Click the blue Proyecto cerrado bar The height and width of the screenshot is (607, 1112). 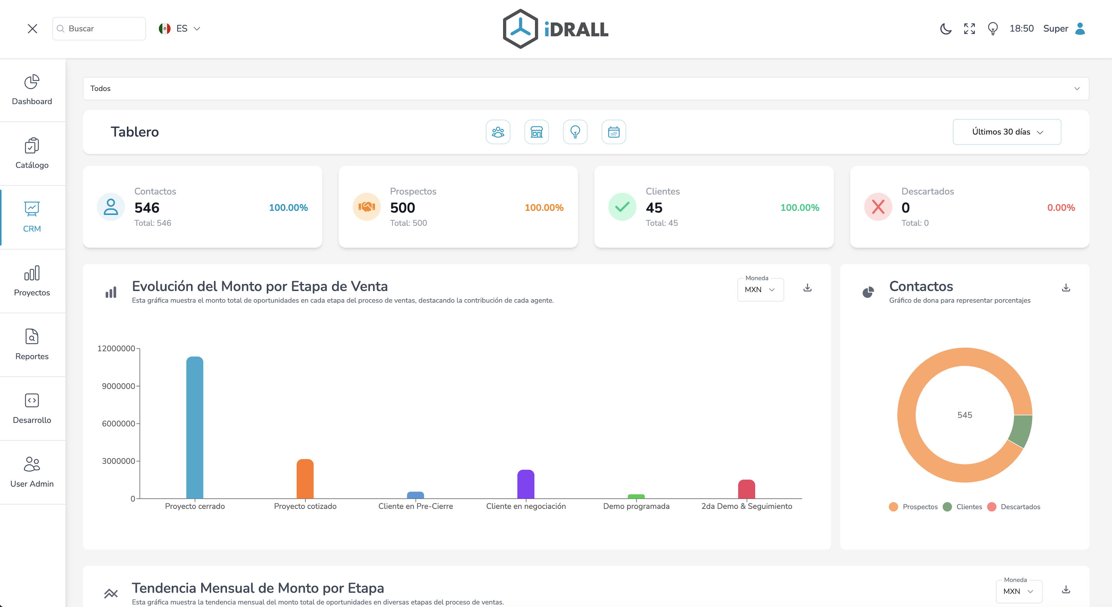pos(195,427)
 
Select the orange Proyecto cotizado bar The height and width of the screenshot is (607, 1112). pos(305,479)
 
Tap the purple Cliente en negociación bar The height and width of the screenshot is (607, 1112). pos(526,484)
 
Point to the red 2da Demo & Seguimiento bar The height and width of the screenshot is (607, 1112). pos(746,489)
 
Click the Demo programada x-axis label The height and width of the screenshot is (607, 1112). pos(636,506)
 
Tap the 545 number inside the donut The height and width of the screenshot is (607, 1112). pos(964,415)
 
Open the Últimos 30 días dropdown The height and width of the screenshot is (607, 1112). pos(1007,132)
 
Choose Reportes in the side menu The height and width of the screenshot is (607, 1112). pos(32,344)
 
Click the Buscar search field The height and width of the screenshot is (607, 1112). pos(99,29)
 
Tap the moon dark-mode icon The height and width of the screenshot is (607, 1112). pos(945,29)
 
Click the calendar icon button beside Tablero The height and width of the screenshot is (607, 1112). pos(613,132)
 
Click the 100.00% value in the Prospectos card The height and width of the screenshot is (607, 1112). pos(544,208)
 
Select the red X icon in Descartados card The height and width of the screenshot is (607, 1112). pos(877,207)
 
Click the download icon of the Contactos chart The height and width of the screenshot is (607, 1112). pos(1066,288)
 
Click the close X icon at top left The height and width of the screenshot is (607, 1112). pos(32,29)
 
